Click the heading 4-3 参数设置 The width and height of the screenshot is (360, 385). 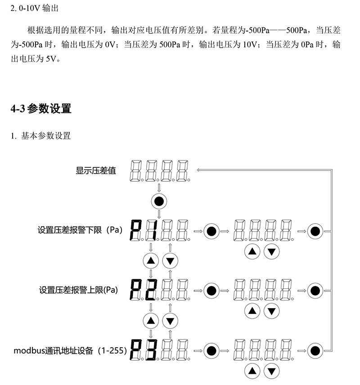(41, 108)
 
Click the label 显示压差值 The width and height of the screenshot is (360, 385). (95, 170)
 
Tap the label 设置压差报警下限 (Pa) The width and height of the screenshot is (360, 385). (80, 230)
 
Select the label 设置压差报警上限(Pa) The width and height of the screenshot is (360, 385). (78, 290)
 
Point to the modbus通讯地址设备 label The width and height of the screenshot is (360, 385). (53, 350)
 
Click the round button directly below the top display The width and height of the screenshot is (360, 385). (159, 201)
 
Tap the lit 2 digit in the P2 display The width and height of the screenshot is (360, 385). (151, 290)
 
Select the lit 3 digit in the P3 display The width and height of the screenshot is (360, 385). (151, 350)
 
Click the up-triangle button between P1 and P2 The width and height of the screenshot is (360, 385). (151, 260)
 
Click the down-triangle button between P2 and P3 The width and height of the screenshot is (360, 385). (170, 321)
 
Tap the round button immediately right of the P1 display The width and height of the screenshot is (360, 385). (211, 231)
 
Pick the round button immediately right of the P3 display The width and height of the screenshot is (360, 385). (211, 351)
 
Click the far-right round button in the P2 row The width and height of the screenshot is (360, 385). (315, 291)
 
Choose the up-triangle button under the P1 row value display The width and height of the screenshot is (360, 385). (252, 252)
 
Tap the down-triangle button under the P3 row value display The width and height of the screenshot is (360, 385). (271, 371)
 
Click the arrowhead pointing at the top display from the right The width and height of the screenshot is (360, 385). (198, 170)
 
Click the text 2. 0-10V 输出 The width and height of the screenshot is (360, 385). (34, 9)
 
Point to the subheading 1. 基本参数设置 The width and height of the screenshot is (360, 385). (40, 136)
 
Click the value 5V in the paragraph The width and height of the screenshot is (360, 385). (51, 59)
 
